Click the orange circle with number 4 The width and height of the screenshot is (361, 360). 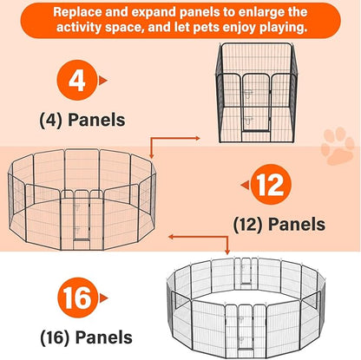click(77, 80)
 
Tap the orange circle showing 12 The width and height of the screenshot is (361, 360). click(271, 185)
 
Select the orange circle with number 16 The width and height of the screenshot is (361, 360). click(77, 298)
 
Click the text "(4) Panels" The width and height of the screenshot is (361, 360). click(82, 120)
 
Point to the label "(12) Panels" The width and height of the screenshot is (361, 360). click(279, 225)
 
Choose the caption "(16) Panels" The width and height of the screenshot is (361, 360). click(87, 337)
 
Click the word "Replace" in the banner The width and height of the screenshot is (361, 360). click(77, 12)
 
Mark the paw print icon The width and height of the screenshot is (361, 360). click(338, 146)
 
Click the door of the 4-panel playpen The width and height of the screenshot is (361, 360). click(256, 102)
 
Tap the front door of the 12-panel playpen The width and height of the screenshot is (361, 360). click(82, 215)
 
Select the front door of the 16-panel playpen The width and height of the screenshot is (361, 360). click(246, 327)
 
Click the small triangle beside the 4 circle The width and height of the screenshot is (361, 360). click(103, 81)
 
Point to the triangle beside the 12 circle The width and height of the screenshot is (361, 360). click(245, 185)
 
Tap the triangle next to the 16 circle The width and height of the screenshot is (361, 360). click(103, 298)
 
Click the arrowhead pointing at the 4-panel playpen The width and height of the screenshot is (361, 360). click(197, 138)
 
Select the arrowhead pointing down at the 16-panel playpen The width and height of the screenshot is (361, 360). click(227, 252)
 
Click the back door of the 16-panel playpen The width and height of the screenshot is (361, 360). click(246, 271)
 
